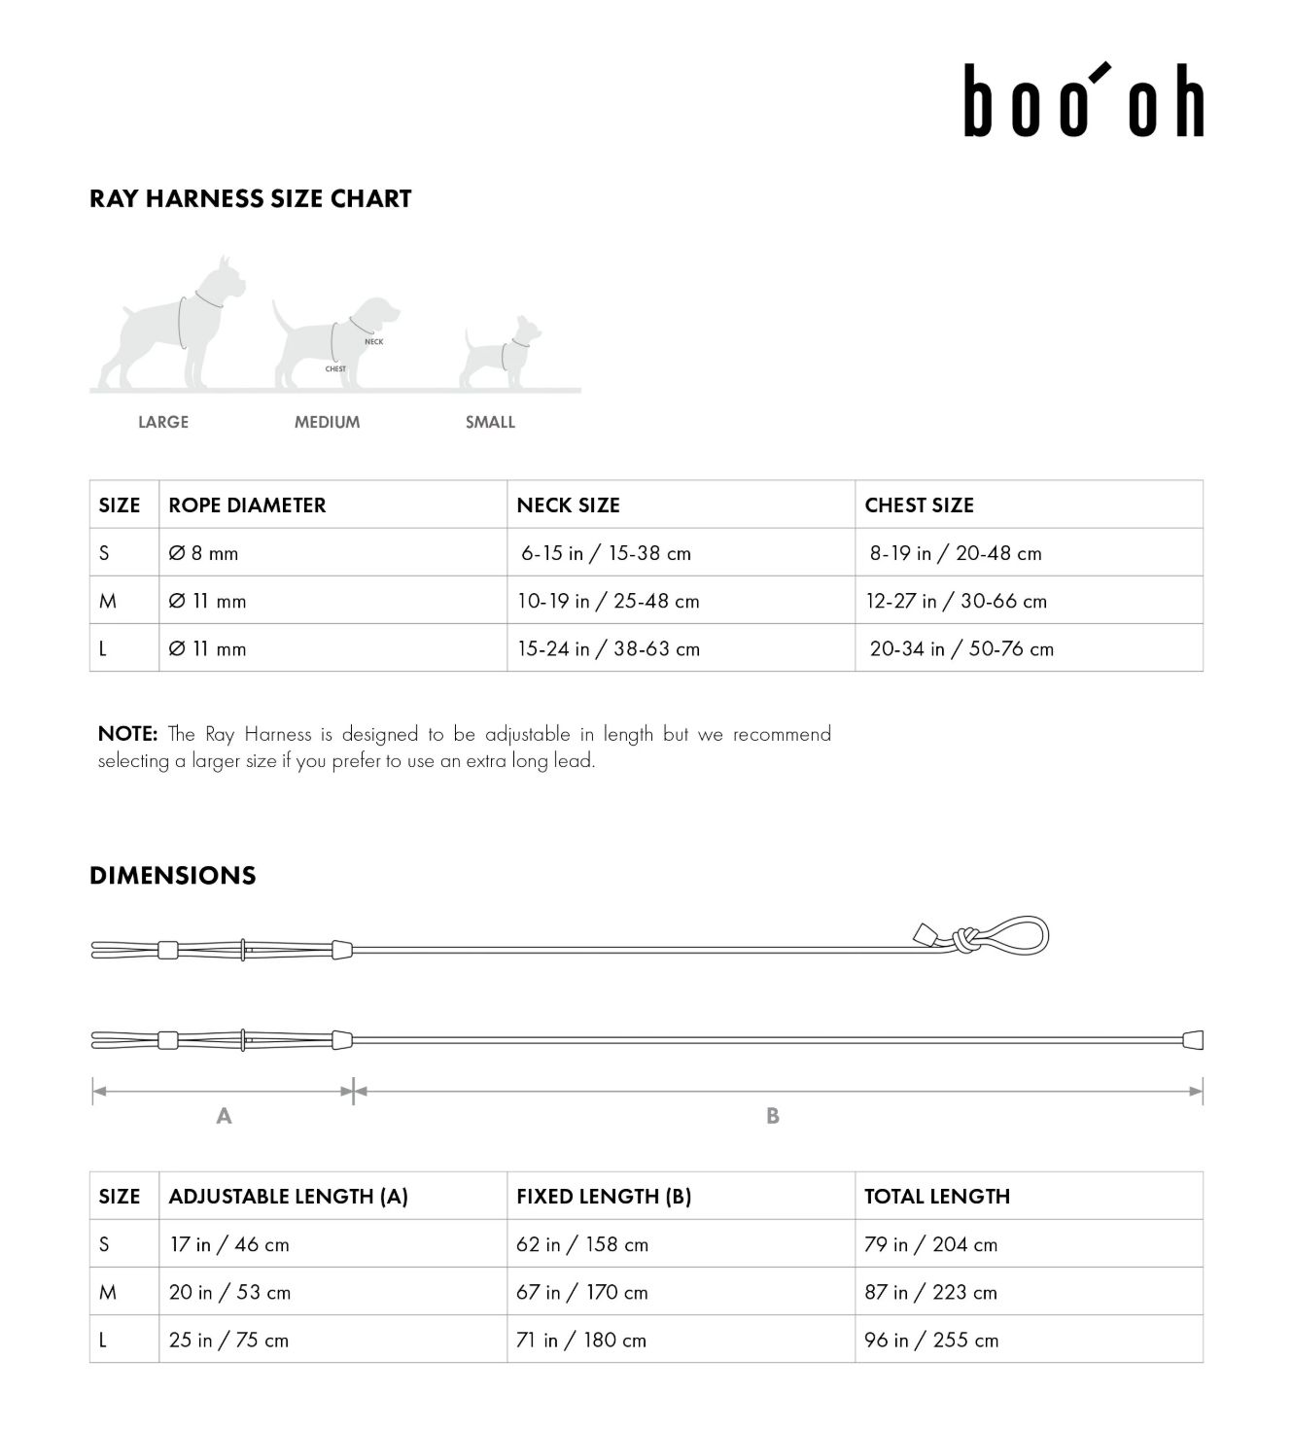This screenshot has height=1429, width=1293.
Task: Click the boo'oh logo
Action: (x=1083, y=100)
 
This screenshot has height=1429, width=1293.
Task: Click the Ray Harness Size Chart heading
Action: (x=250, y=198)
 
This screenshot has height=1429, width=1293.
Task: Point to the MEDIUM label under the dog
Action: (x=327, y=422)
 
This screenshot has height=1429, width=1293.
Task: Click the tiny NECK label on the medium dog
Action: (x=373, y=342)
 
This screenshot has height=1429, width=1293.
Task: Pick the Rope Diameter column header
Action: (x=247, y=505)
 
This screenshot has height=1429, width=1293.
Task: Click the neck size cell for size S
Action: (x=606, y=553)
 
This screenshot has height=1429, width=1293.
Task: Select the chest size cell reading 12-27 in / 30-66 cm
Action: (x=957, y=601)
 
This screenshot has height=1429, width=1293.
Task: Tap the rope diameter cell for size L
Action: (x=207, y=648)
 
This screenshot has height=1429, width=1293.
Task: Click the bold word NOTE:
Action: (x=127, y=734)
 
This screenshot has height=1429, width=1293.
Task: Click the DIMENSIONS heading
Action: (x=172, y=875)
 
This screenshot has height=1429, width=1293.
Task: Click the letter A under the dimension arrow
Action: (x=224, y=1116)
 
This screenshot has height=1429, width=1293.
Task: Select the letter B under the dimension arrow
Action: (x=773, y=1116)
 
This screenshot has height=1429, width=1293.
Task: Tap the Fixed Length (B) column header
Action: (x=604, y=1197)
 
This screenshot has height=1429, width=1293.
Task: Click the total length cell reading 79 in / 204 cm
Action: (x=930, y=1244)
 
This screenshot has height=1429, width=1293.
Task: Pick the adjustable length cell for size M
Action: (x=229, y=1292)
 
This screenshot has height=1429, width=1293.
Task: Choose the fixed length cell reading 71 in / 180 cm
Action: (x=581, y=1340)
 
